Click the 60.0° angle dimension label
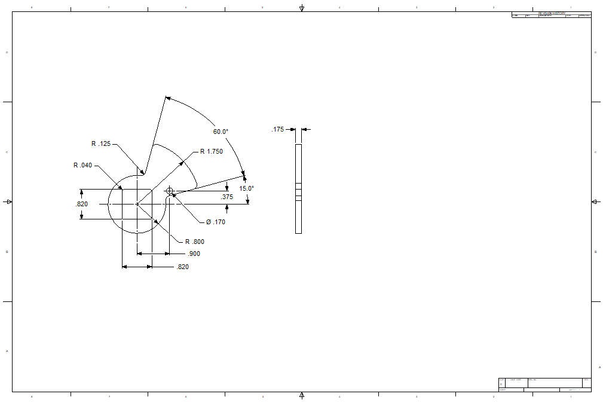[x=221, y=132]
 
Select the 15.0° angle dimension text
[x=247, y=188]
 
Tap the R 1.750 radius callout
[x=211, y=151]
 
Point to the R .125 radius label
[x=101, y=144]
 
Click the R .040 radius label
[x=83, y=165]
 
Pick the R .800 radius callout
[x=195, y=242]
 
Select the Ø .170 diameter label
[x=215, y=222]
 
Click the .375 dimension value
[x=227, y=197]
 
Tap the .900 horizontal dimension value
[x=194, y=254]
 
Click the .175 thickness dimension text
[x=278, y=129]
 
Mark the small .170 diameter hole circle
[x=170, y=191]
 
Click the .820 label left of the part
[x=82, y=204]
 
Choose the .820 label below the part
[x=182, y=267]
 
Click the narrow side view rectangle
[x=299, y=188]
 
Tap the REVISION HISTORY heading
[x=551, y=13]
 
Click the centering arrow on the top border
[x=302, y=8]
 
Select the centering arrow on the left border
[x=8, y=202]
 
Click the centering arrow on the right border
[x=595, y=202]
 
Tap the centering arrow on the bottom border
[x=302, y=395]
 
